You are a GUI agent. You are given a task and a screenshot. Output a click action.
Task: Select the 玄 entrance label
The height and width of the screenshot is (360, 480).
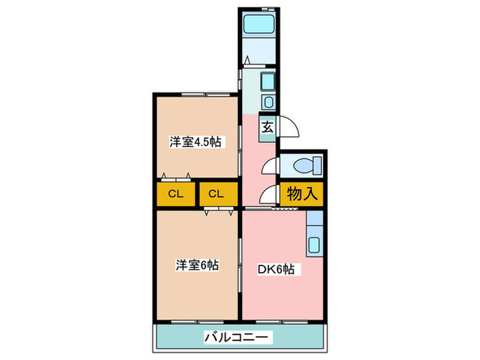[267, 126]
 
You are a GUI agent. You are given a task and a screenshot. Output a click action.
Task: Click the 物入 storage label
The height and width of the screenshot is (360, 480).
[302, 193]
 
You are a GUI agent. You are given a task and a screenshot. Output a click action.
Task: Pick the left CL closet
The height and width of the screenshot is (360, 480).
[176, 194]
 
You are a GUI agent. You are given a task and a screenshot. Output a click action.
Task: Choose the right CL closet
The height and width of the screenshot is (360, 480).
[217, 194]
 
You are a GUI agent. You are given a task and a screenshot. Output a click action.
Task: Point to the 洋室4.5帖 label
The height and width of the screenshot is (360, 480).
[196, 142]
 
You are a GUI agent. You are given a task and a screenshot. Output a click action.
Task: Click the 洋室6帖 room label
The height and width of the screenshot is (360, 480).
[196, 265]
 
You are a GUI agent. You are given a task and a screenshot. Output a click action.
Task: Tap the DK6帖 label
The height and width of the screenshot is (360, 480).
[277, 269]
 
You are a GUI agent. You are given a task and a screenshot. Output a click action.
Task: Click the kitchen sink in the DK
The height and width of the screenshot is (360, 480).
[315, 245]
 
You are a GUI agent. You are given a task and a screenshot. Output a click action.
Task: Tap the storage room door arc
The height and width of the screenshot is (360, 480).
[269, 195]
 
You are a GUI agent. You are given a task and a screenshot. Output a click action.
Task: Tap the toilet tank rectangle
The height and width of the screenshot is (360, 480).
[317, 165]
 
